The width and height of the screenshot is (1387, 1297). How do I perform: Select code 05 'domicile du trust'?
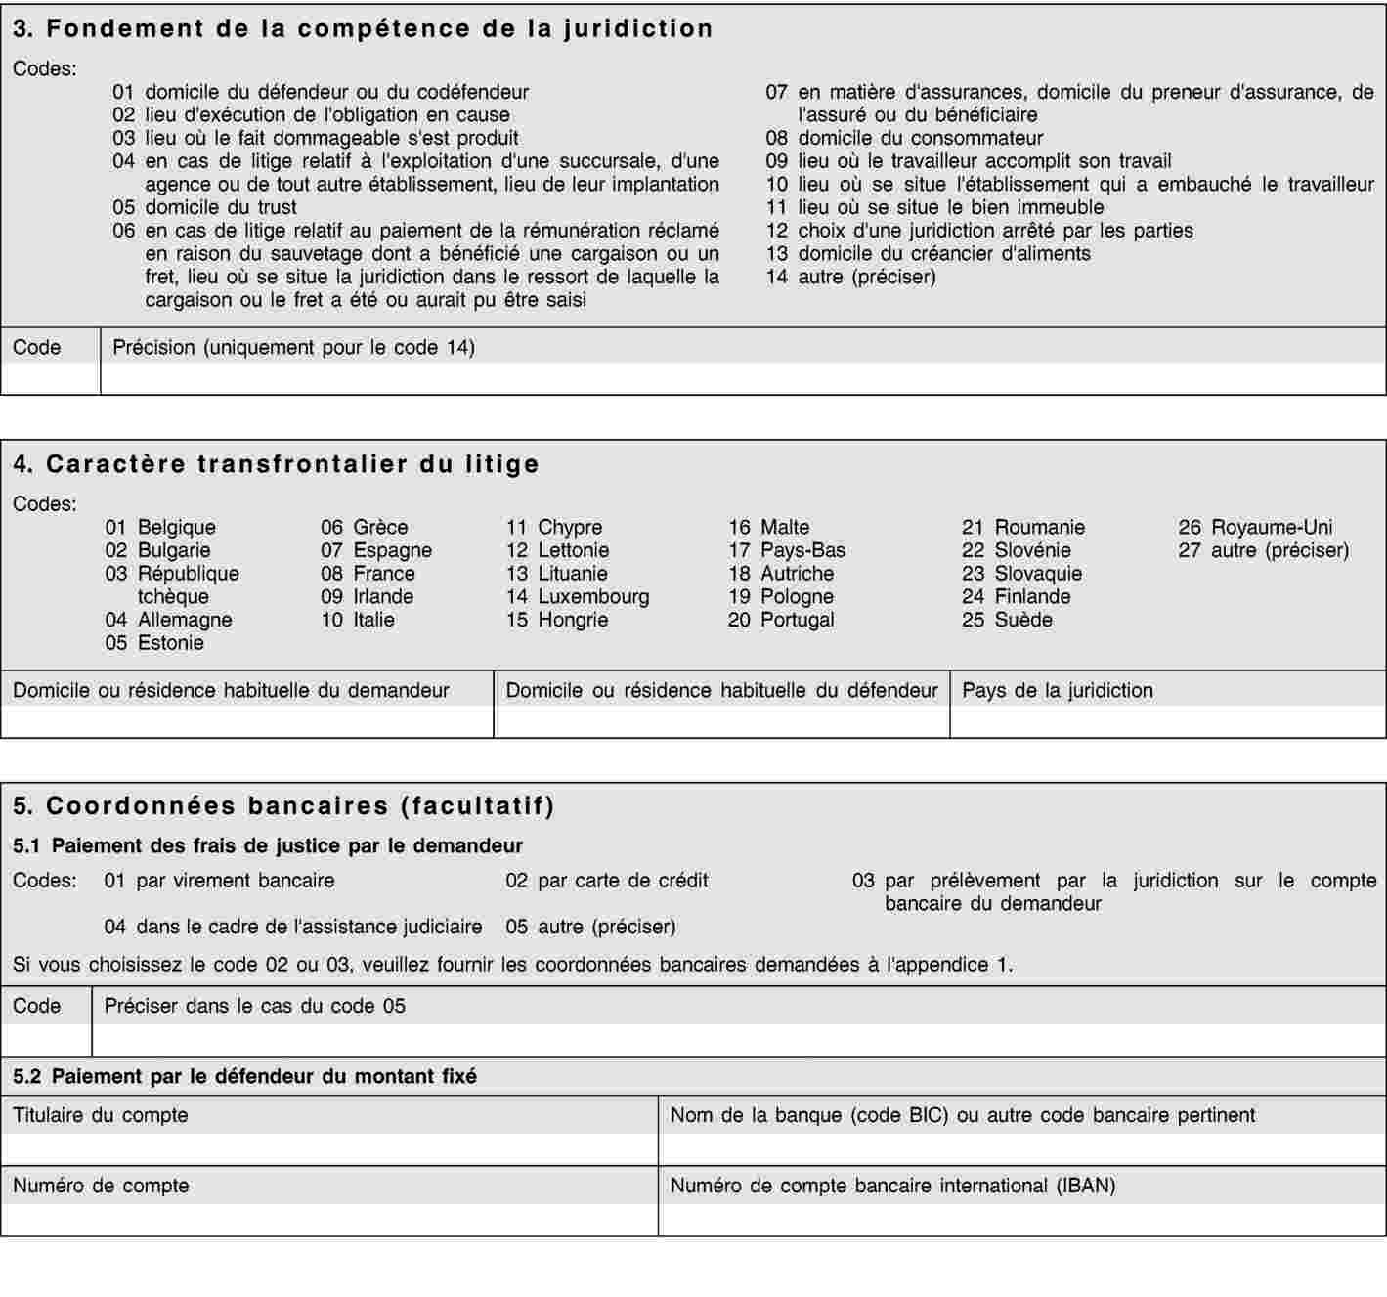point(204,207)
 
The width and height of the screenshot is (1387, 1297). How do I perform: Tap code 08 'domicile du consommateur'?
point(904,138)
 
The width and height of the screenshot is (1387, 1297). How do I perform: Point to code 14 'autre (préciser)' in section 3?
point(850,277)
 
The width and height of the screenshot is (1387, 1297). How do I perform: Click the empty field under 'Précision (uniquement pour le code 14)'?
point(743,378)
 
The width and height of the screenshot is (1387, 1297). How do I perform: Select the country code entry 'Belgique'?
point(160,528)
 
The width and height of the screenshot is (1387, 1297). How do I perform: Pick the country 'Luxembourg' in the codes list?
point(577,596)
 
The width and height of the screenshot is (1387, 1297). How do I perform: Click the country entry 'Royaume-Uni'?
point(1255,528)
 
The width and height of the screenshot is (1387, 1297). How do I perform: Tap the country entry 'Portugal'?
point(781,620)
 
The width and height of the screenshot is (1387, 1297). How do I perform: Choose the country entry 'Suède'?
point(1007,620)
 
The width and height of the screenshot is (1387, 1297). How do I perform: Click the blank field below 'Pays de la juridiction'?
point(1167,721)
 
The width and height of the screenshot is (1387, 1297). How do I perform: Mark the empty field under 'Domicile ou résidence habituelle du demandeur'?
point(247,721)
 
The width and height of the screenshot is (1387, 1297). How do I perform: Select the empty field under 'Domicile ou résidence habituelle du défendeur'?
point(721,721)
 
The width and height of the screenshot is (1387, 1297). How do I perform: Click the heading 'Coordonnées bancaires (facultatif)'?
point(283,806)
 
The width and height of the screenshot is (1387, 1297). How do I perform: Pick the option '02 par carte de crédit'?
point(606,881)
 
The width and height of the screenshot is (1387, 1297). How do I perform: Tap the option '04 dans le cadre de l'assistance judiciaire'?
point(292,927)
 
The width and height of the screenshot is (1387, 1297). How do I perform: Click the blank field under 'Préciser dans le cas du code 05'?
point(738,1040)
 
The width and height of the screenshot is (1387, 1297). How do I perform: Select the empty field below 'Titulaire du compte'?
point(329,1148)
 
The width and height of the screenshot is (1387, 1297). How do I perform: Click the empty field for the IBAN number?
point(1021,1219)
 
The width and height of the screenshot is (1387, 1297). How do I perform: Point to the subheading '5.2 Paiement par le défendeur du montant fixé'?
point(244,1077)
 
